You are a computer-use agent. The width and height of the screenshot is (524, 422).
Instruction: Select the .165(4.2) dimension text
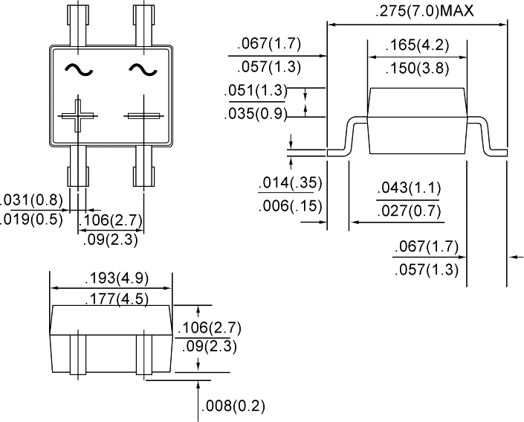(x=417, y=45)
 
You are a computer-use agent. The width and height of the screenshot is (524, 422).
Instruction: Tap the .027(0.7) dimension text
(x=407, y=213)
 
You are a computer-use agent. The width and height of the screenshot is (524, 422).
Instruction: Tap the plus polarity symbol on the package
(x=78, y=116)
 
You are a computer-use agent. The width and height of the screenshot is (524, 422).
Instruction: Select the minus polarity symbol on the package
(x=144, y=116)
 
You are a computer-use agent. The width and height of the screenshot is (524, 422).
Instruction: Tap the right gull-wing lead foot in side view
(x=496, y=153)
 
